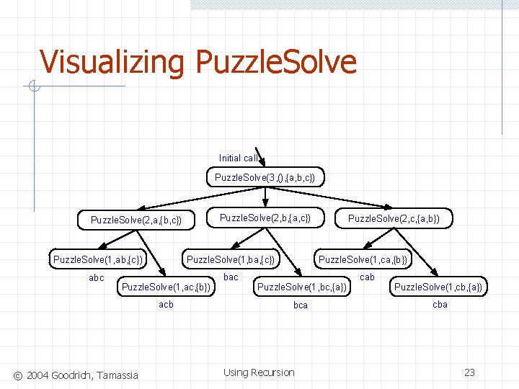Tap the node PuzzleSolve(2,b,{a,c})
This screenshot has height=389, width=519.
[x=265, y=218]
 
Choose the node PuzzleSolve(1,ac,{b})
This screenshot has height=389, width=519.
[x=167, y=287]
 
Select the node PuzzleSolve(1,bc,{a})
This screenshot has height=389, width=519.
[x=302, y=287]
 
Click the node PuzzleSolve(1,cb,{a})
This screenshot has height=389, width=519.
[x=438, y=287]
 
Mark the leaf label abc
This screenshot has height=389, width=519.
[x=96, y=278]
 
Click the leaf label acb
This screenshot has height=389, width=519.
[x=166, y=305]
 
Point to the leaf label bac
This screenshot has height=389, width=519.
[x=231, y=277]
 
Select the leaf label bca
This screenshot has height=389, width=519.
[x=300, y=305]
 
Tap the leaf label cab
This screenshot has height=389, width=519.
[x=367, y=277]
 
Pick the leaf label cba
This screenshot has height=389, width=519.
[x=440, y=305]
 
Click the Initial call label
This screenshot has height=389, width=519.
[x=238, y=158]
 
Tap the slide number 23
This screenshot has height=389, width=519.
[x=469, y=372]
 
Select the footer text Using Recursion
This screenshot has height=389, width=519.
[x=259, y=372]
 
